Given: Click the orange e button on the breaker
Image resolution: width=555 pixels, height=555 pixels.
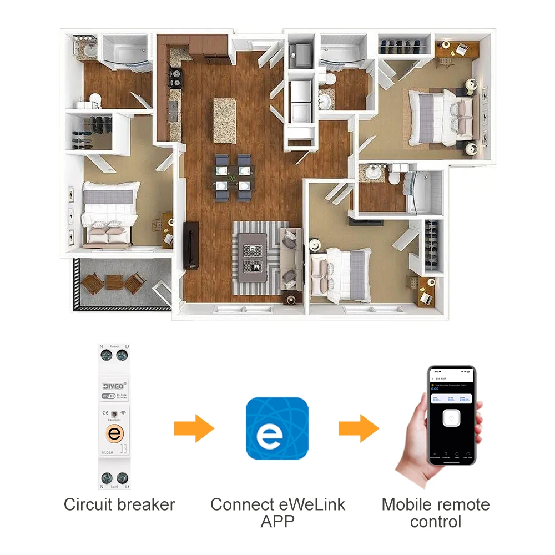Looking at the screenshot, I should [114, 434].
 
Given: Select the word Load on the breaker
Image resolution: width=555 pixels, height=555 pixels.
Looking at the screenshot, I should [114, 486].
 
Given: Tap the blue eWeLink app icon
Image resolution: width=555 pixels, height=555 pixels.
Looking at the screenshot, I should [277, 428].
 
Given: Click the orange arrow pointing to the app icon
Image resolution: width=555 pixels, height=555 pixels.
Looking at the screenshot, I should [194, 428].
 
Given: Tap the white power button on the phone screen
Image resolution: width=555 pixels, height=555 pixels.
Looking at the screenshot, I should [453, 417].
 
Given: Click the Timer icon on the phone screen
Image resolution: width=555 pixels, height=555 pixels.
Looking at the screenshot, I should [456, 455].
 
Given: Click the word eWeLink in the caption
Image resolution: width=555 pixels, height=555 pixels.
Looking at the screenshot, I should [310, 504].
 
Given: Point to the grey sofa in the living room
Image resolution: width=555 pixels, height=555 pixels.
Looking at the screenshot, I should [290, 258].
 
